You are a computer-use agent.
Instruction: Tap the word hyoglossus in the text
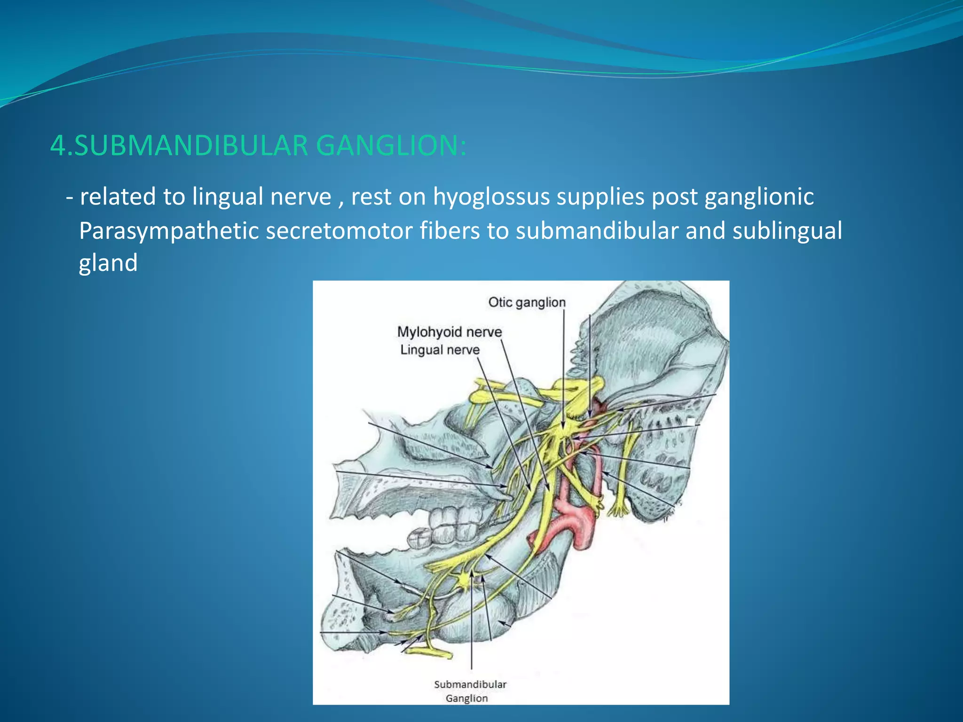pyautogui.click(x=491, y=196)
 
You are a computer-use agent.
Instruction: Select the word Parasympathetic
pyautogui.click(x=169, y=231)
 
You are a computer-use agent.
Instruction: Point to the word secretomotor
pyautogui.click(x=339, y=231)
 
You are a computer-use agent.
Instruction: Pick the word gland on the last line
pyautogui.click(x=108, y=263)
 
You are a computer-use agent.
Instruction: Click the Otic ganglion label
pyautogui.click(x=527, y=302)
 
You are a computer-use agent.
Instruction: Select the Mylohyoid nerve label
pyautogui.click(x=450, y=332)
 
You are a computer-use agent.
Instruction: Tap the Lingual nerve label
pyautogui.click(x=440, y=350)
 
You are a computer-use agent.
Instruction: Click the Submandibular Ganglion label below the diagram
pyautogui.click(x=470, y=691)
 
